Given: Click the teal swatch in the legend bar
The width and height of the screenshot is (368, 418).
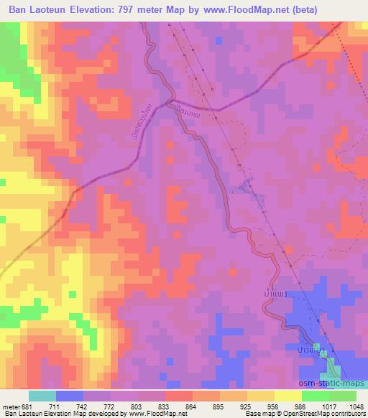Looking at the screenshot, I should [x=42, y=396].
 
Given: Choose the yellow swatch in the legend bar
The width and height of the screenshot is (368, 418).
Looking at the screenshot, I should [x=288, y=396].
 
